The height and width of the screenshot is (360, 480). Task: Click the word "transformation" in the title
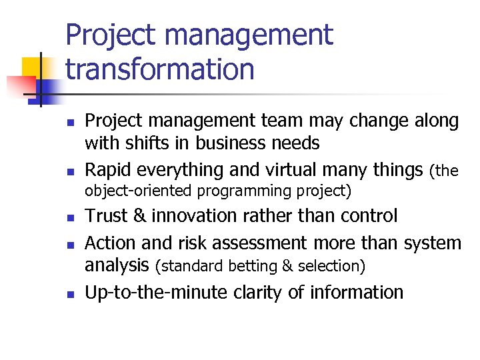pyautogui.click(x=160, y=69)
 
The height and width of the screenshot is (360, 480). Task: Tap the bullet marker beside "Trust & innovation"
pyautogui.click(x=69, y=218)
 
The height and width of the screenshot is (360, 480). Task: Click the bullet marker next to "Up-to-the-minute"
pyautogui.click(x=69, y=294)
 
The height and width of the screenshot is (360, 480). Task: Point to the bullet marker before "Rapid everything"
pyautogui.click(x=69, y=172)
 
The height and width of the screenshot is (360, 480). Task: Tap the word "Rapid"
pyautogui.click(x=109, y=170)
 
